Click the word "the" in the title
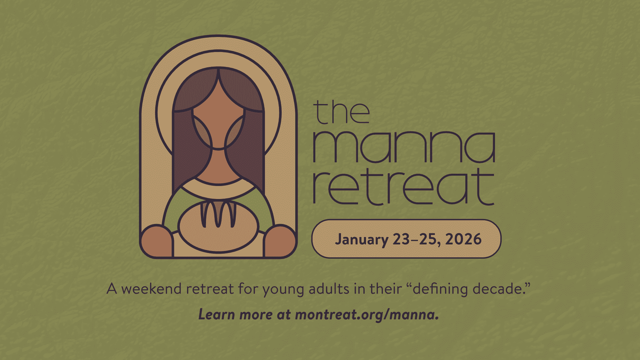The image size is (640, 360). (x=342, y=112)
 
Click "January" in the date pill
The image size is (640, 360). (x=362, y=240)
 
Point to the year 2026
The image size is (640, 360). (x=463, y=239)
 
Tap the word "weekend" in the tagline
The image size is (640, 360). (x=151, y=289)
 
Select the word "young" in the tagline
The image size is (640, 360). (x=283, y=290)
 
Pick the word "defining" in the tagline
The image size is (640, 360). (x=440, y=289)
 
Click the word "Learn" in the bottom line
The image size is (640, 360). (x=217, y=314)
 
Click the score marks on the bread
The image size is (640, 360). (x=218, y=213)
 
